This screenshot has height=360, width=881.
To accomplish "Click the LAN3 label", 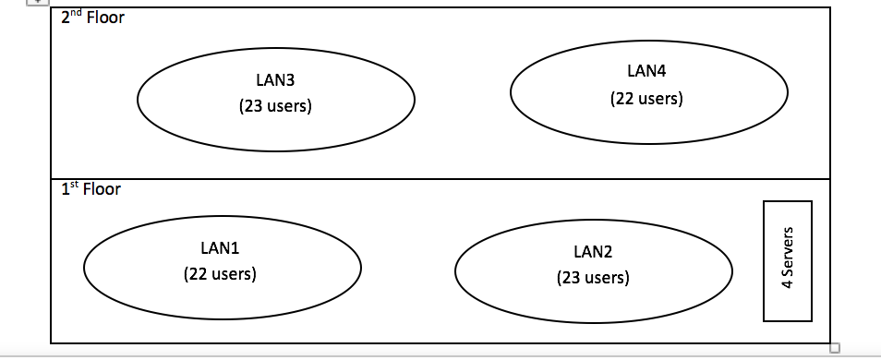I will coord(275,80).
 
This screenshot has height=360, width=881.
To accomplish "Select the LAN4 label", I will coord(646,72).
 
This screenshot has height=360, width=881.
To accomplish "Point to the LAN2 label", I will coord(593,251).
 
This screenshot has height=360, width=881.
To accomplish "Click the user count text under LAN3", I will coord(275,106).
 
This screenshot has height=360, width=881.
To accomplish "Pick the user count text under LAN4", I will coord(646,99).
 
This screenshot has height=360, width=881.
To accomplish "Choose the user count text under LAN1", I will coord(220,274).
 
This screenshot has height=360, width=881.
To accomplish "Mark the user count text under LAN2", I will coord(593,277).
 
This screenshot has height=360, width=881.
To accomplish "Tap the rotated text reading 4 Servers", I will coord(788,260).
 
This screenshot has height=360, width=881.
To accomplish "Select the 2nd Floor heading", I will coord(92,18).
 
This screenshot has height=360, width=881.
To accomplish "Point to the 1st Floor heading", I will coord(91,189).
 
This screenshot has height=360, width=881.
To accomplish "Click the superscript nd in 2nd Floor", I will coord(76,15).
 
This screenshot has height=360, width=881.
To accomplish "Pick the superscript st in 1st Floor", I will coord(74,186).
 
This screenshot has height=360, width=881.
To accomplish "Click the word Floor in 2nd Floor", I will coord(104,18).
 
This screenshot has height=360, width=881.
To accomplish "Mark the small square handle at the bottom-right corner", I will coord(835,348).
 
